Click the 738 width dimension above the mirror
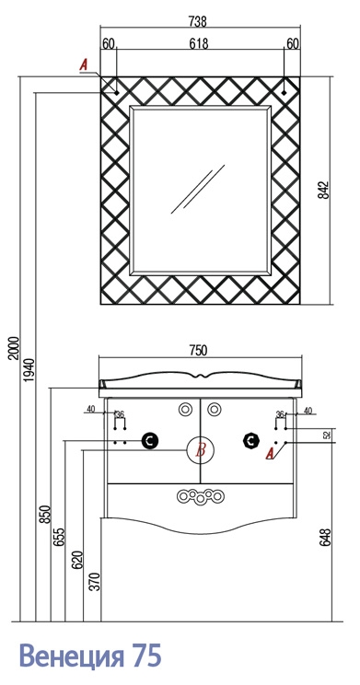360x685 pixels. coord(197,21)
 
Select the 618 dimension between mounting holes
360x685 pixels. coord(199,43)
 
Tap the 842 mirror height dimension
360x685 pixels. coord(323,190)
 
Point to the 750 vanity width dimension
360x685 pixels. coord(198,351)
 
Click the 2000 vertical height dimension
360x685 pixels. coord(15,348)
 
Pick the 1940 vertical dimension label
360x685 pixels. coord(29,370)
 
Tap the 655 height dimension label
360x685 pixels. coord(61,538)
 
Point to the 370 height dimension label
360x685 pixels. coord(97,582)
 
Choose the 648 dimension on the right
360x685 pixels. coord(325,538)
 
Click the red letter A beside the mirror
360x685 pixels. coord(84,65)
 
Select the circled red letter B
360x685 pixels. coord(201,449)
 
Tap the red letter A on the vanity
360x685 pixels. coord(271,454)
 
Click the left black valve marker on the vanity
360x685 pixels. coord(149,441)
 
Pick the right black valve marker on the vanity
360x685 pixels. coord(250,441)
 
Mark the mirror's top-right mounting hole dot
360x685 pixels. coord(284,93)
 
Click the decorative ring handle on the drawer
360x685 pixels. coord(201,496)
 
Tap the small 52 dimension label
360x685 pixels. coord(328,435)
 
